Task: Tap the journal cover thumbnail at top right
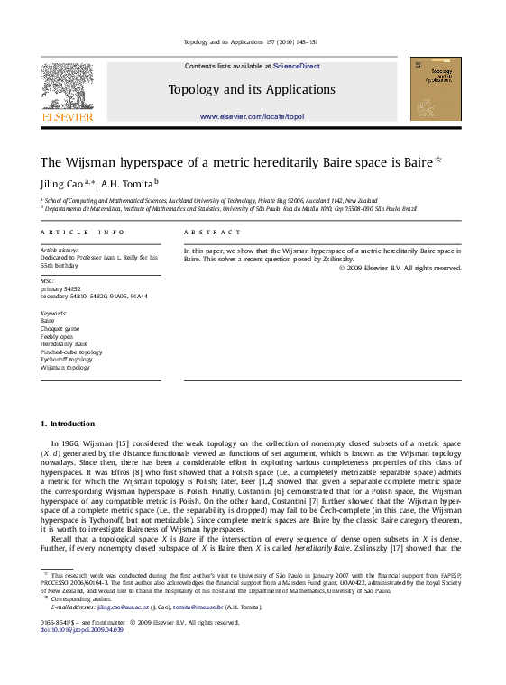(x=435, y=88)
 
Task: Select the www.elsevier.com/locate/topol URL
(x=252, y=117)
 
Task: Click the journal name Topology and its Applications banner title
(x=252, y=89)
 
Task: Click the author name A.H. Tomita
(x=127, y=184)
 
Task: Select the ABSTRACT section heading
(x=208, y=233)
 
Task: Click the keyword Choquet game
(x=60, y=328)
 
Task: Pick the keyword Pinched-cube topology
(x=71, y=352)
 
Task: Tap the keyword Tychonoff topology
(x=67, y=360)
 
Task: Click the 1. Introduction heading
(x=68, y=424)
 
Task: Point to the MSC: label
(x=48, y=280)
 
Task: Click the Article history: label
(x=60, y=250)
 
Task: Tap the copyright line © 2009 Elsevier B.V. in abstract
(x=400, y=268)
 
